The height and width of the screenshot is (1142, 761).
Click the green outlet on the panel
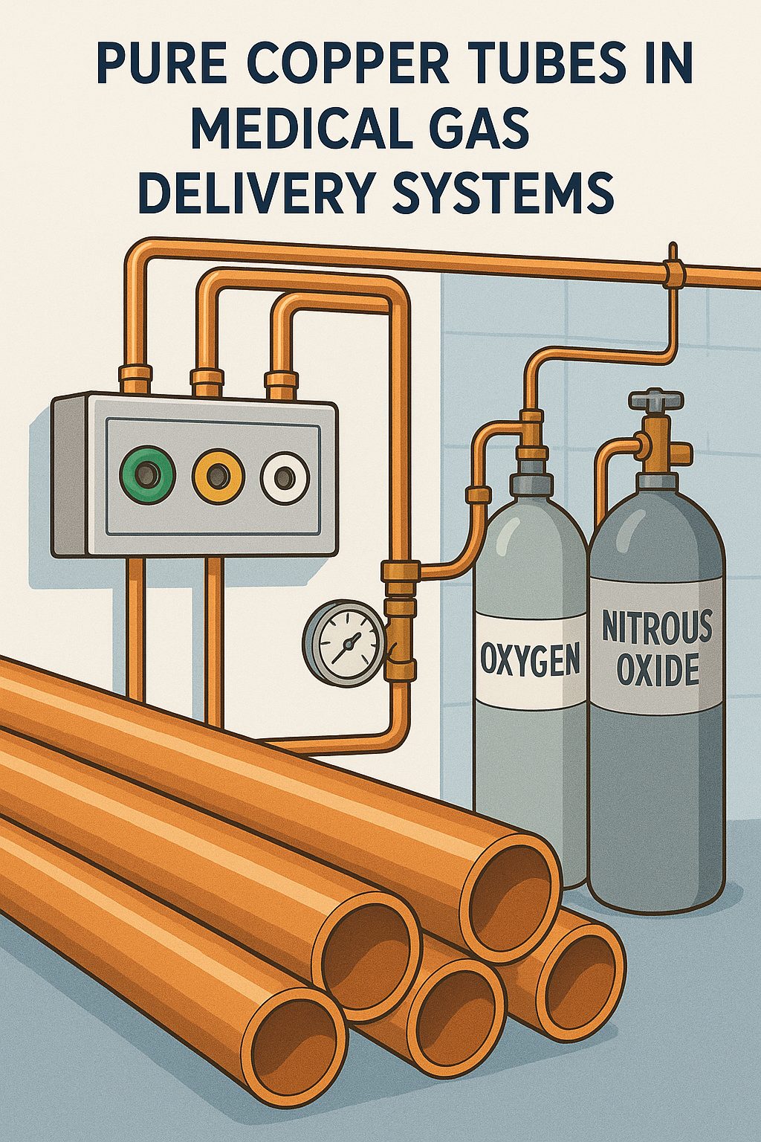tap(146, 474)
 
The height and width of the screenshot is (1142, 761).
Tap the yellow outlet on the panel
tap(218, 475)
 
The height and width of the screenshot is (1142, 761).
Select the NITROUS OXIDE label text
tap(657, 648)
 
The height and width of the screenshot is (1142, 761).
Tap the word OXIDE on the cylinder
tap(658, 670)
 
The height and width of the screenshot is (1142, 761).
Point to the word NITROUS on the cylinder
tap(657, 627)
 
